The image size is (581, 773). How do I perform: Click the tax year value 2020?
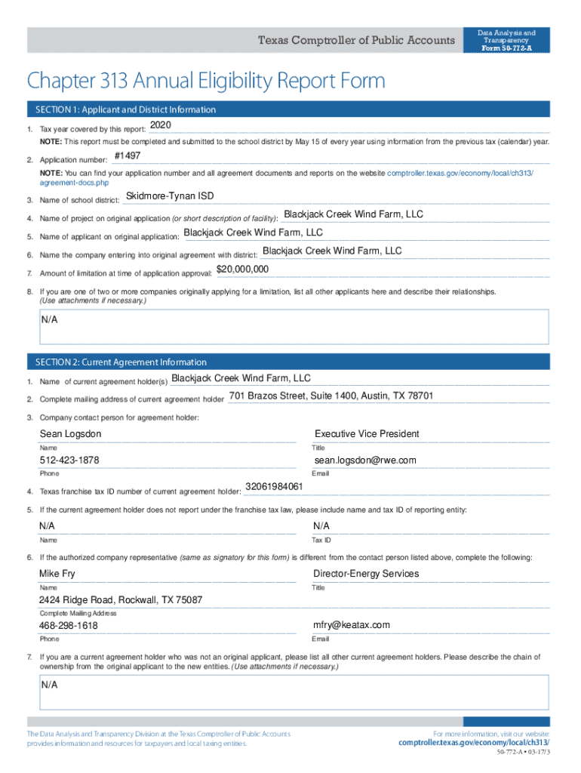click(161, 125)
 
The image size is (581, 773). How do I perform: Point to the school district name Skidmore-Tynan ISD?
click(170, 196)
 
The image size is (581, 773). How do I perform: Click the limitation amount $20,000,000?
click(242, 269)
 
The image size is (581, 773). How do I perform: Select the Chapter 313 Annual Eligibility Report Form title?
click(206, 81)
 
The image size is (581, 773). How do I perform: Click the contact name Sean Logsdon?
click(70, 434)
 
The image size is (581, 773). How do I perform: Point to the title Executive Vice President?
click(367, 434)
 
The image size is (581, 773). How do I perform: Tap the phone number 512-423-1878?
click(69, 460)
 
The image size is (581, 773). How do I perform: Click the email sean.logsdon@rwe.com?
click(365, 460)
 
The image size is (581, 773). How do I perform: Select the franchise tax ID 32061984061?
click(275, 486)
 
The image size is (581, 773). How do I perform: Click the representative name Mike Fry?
click(57, 574)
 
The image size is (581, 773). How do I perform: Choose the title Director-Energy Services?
click(366, 574)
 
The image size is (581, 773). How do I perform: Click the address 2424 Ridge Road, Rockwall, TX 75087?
click(121, 600)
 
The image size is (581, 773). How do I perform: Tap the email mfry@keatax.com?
click(352, 625)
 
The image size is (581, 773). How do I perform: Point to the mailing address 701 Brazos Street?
click(330, 396)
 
